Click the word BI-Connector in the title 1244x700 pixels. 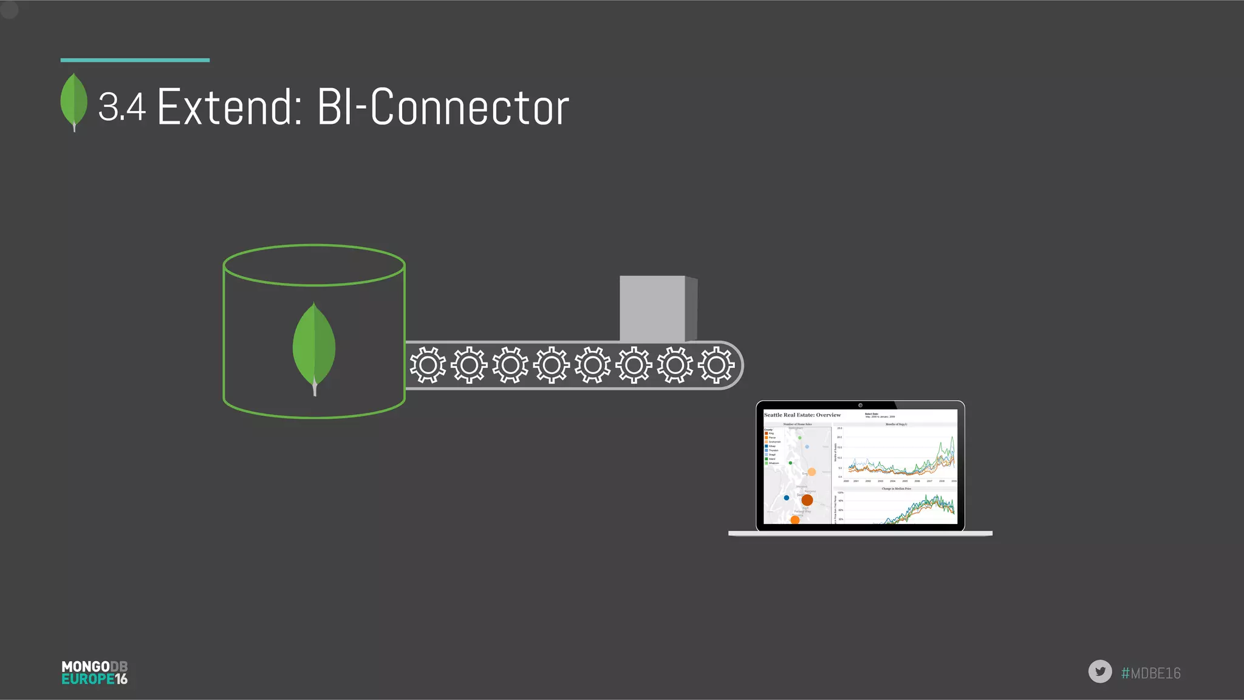(443, 107)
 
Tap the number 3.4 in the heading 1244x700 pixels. (122, 107)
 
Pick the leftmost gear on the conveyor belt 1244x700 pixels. (428, 365)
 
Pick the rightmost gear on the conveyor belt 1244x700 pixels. (716, 365)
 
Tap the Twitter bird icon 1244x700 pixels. (1099, 671)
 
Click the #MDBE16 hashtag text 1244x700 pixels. (1150, 673)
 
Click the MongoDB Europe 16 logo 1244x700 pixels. (95, 673)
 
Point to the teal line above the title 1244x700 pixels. (135, 60)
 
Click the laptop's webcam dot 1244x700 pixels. (860, 405)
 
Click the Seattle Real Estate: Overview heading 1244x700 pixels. (802, 415)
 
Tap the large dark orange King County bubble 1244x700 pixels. (807, 500)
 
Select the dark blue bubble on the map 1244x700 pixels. (787, 498)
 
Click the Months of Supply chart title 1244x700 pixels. (896, 424)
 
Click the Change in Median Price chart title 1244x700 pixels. (897, 489)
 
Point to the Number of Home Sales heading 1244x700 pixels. (797, 424)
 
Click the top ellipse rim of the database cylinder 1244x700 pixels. (314, 246)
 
